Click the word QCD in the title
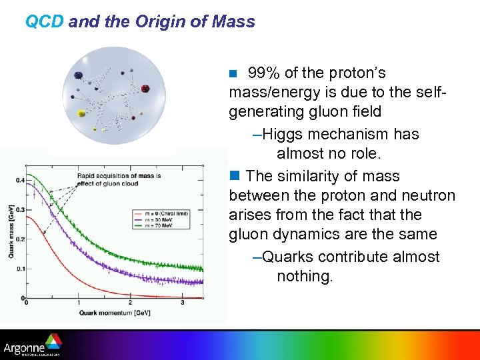coord(44,21)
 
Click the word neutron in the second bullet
coord(428,195)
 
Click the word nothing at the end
coord(304,276)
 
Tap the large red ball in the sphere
coord(146,88)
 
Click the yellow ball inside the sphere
coord(82,114)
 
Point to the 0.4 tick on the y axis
coord(19,180)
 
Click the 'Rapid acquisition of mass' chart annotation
coord(119,179)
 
